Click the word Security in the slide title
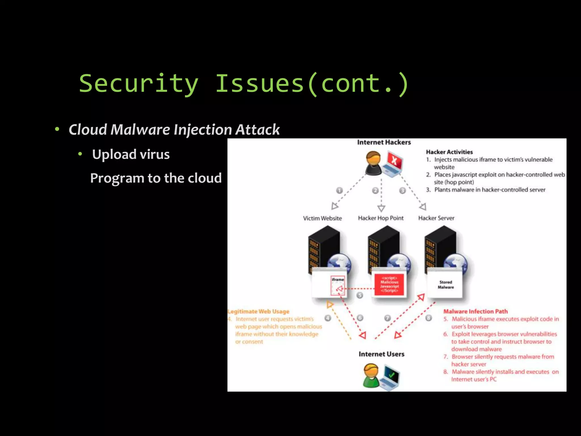click(138, 83)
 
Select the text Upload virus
click(131, 154)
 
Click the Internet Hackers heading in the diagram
click(384, 142)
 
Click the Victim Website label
click(322, 218)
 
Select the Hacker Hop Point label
click(380, 218)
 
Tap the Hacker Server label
click(436, 218)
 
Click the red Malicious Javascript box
click(389, 284)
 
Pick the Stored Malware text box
click(445, 284)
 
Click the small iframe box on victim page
click(338, 286)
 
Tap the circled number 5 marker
click(359, 295)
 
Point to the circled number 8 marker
click(429, 318)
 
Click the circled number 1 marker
click(339, 190)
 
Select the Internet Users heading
click(381, 354)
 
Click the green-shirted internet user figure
click(371, 376)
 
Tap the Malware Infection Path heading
click(475, 311)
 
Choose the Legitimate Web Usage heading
click(258, 311)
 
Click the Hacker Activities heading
click(449, 152)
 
